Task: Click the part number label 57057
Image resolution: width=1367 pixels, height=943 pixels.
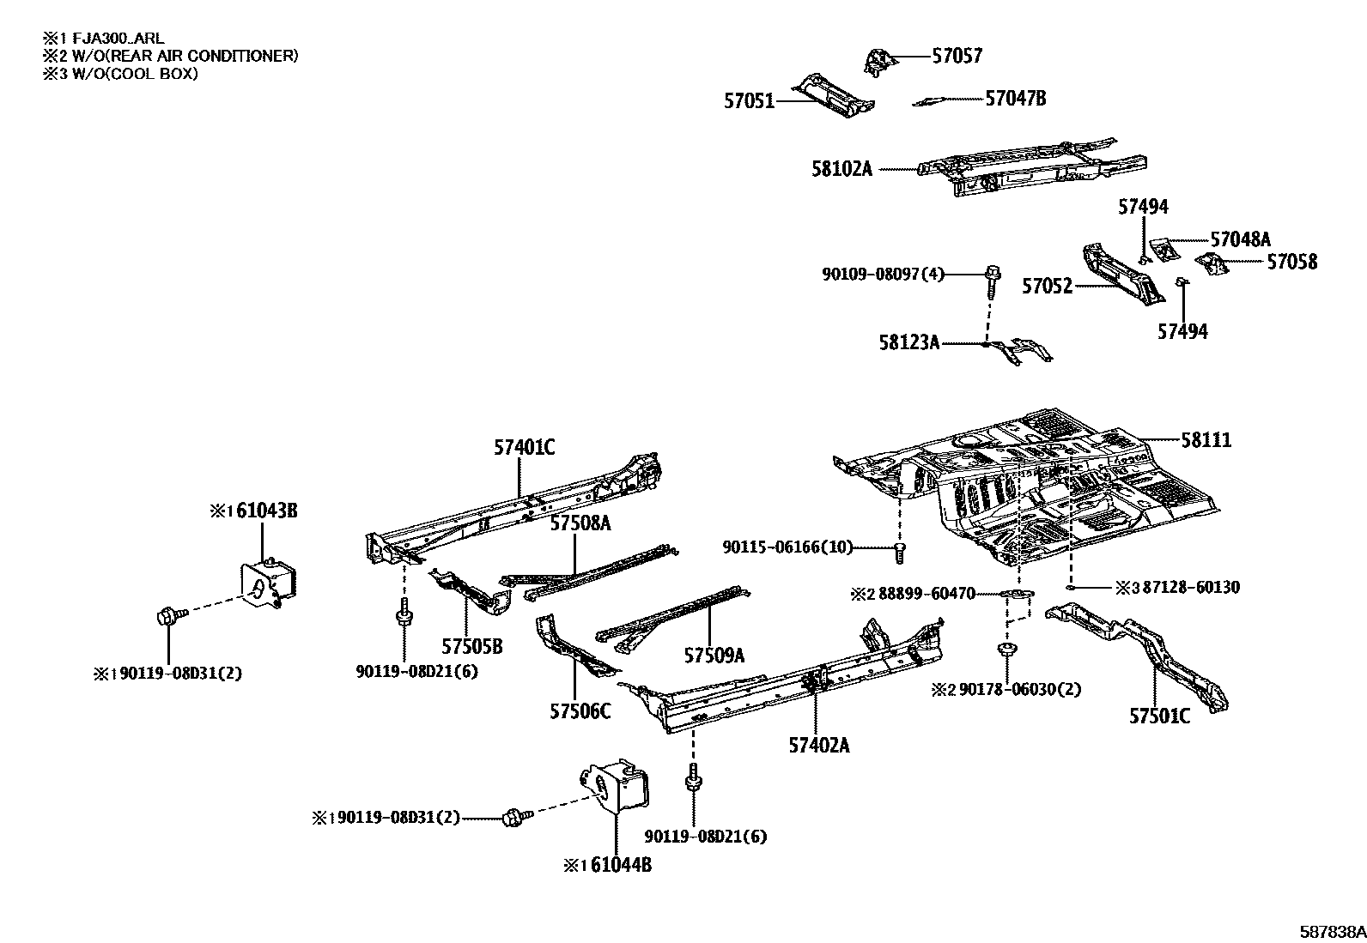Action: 957,57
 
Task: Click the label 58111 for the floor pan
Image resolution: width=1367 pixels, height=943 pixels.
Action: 1206,441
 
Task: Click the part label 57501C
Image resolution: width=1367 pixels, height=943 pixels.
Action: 1159,716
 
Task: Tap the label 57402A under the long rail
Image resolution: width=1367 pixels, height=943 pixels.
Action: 818,746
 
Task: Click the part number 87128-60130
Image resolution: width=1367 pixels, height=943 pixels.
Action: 1189,588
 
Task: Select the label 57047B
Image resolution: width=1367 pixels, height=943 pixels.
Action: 1015,99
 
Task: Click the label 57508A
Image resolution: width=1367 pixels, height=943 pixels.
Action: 580,523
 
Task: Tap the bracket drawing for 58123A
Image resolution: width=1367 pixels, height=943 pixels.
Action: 1022,350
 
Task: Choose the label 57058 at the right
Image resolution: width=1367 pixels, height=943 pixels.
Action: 1291,262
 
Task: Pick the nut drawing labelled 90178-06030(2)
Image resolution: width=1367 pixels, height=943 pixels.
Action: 1006,650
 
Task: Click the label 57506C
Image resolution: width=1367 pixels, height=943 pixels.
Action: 580,711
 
